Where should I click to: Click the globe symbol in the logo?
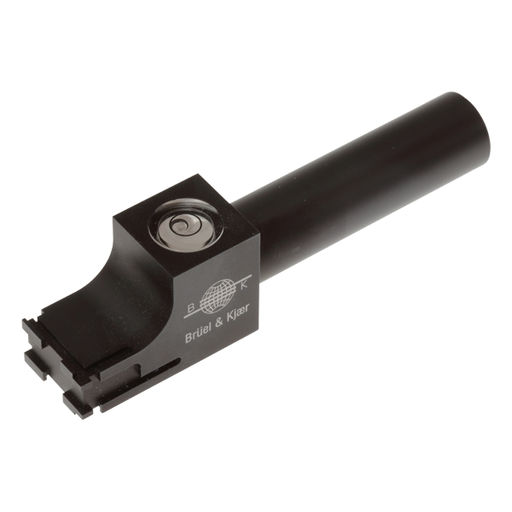pyautogui.click(x=220, y=294)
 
